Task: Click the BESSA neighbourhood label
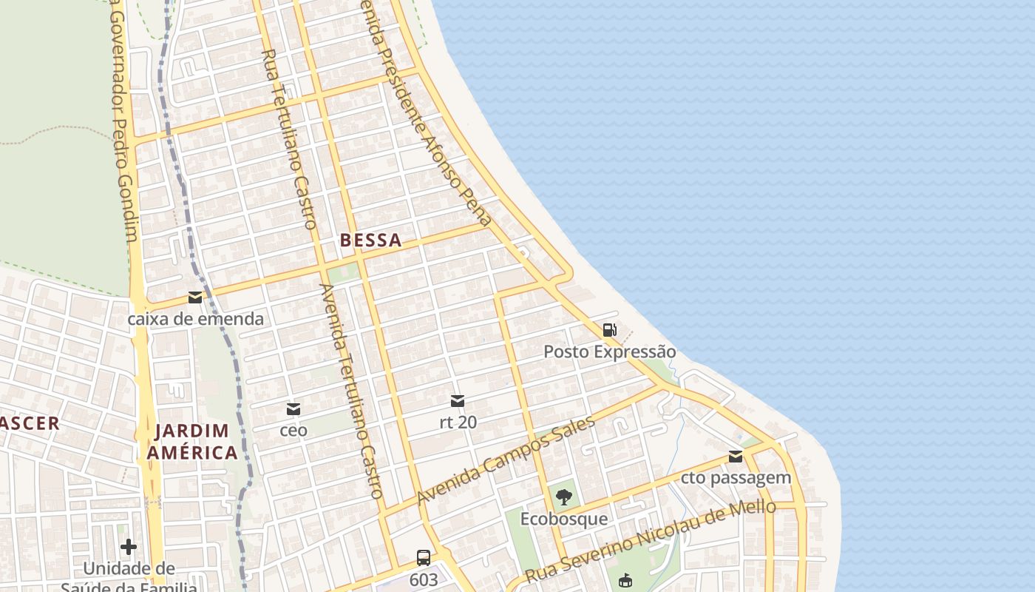tap(371, 240)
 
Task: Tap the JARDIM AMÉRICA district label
tap(192, 441)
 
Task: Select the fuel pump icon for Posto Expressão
tap(609, 330)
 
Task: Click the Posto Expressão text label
tap(610, 351)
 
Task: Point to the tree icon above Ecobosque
tap(564, 497)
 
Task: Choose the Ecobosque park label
tap(564, 519)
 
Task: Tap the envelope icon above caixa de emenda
tap(195, 297)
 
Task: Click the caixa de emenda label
tap(195, 319)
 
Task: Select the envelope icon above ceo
tap(293, 408)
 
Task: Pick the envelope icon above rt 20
tap(458, 401)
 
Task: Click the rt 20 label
tap(458, 423)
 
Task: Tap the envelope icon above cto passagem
tap(736, 457)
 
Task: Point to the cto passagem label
tap(736, 478)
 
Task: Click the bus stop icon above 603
tap(424, 558)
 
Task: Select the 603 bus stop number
tap(424, 580)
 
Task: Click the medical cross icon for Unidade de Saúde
tap(129, 547)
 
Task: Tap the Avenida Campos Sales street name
tap(506, 461)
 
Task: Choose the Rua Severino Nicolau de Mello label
tap(651, 541)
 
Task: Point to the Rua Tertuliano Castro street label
tap(289, 139)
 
